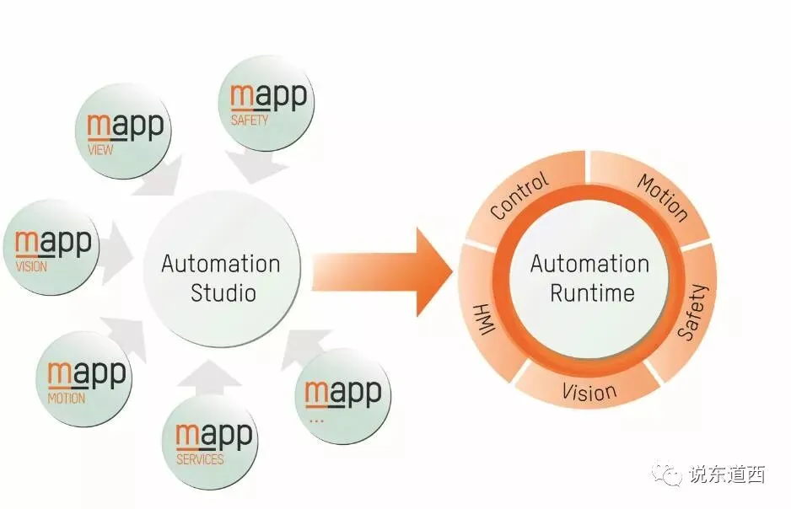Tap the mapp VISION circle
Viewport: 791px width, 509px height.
[53, 249]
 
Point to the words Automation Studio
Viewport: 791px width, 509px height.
[221, 278]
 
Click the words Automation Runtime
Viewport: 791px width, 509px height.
[589, 277]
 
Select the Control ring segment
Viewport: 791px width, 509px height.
[519, 196]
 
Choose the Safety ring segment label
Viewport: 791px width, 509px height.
[694, 313]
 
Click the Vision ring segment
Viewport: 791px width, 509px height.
[589, 391]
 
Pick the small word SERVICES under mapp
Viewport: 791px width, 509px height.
[200, 459]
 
